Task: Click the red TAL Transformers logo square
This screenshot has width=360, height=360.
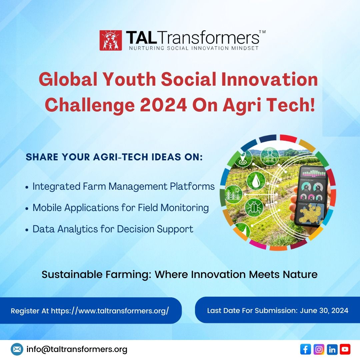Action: [110, 40]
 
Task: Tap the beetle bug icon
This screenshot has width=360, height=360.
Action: [254, 207]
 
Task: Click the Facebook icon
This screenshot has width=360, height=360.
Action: [305, 349]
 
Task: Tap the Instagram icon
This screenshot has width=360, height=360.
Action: [319, 349]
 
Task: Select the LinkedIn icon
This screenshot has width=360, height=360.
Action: [332, 349]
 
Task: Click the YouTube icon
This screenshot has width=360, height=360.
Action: [345, 349]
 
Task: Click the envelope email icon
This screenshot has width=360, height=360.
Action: [17, 349]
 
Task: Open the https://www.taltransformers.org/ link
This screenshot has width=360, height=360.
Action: [110, 311]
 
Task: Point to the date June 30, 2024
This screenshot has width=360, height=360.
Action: [324, 311]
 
